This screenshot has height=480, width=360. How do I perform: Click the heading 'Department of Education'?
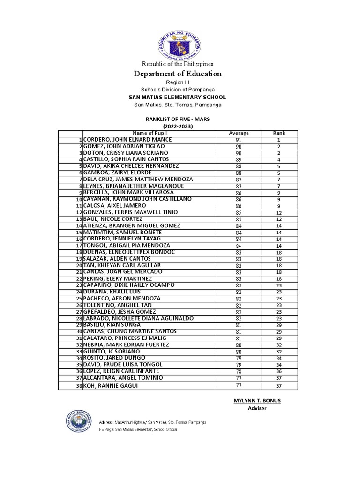pyautogui.click(x=178, y=74)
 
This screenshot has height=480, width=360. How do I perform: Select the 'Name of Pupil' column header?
pyautogui.click(x=149, y=133)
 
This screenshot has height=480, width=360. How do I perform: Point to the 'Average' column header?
pyautogui.click(x=239, y=133)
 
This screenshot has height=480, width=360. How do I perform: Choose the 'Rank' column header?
pyautogui.click(x=279, y=133)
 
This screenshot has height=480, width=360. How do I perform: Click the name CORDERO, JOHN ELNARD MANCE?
pyautogui.click(x=127, y=140)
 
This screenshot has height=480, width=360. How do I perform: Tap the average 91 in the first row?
pyautogui.click(x=239, y=140)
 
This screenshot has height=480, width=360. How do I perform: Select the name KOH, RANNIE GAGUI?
pyautogui.click(x=111, y=386)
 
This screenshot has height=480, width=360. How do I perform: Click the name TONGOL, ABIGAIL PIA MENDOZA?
pyautogui.click(x=127, y=245)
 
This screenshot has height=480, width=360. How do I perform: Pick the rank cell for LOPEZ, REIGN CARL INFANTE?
pyautogui.click(x=279, y=371)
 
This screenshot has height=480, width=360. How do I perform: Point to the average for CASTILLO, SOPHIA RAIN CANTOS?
pyautogui.click(x=239, y=160)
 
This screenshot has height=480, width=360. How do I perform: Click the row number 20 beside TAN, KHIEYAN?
pyautogui.click(x=79, y=265)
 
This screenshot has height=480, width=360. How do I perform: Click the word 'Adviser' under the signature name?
pyautogui.click(x=257, y=408)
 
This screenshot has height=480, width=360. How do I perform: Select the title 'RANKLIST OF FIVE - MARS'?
pyautogui.click(x=178, y=120)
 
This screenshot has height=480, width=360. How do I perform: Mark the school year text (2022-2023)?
pyautogui.click(x=178, y=126)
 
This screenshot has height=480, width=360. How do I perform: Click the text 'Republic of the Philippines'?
pyautogui.click(x=178, y=64)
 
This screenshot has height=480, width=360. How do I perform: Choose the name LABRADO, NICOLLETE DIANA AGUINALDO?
pyautogui.click(x=138, y=318)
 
